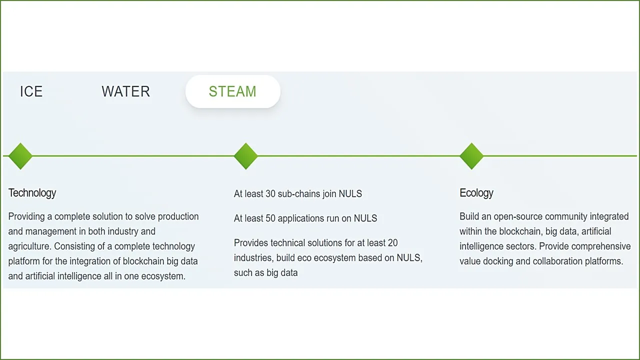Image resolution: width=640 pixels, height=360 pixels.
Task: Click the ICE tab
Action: point(31,91)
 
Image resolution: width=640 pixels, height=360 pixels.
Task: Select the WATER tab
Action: point(125,91)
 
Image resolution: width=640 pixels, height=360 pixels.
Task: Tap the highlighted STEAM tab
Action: point(233,91)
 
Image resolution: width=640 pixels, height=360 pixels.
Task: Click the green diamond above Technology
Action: point(20,156)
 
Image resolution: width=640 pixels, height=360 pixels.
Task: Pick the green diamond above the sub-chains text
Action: point(245,156)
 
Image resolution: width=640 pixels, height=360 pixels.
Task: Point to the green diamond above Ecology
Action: point(471,156)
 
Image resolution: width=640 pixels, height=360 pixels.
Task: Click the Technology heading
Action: point(32,193)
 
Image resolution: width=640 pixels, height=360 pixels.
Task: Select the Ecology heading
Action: point(476,193)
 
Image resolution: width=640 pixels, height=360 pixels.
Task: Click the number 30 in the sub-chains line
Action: point(270,193)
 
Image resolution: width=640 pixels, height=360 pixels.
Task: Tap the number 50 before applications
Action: point(270,218)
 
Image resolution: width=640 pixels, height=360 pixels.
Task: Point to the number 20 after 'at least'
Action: point(392,243)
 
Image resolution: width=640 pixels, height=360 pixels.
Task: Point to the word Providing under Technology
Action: point(26,217)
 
